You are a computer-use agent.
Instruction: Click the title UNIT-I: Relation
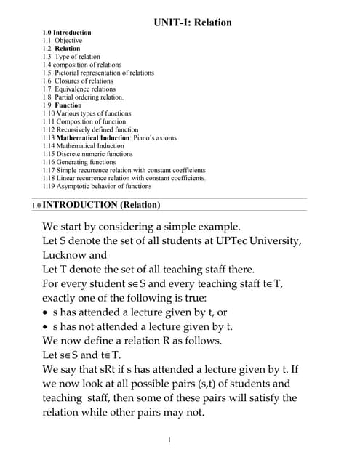click(x=193, y=23)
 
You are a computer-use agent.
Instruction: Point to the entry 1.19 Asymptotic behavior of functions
click(x=97, y=187)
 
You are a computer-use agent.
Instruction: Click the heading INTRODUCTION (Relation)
click(x=103, y=204)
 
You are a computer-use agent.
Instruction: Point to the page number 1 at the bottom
click(x=169, y=440)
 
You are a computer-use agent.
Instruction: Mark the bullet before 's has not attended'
click(x=46, y=326)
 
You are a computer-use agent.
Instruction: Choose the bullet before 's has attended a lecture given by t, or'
click(x=46, y=312)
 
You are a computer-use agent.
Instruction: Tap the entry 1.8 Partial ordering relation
click(x=84, y=97)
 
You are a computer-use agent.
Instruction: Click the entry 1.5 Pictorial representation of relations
click(x=98, y=73)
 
